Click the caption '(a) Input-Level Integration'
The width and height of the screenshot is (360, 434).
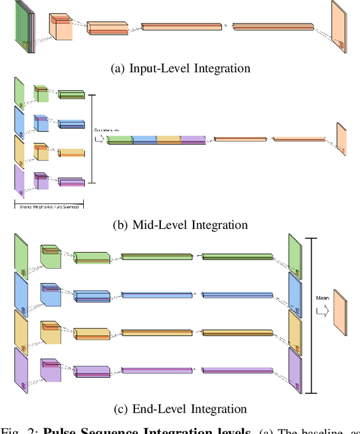pyautogui.click(x=181, y=69)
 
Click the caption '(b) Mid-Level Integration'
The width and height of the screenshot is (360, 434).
pyautogui.click(x=180, y=225)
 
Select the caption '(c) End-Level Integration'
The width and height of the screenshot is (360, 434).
pyautogui.click(x=180, y=409)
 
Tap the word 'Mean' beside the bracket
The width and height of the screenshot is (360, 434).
pyautogui.click(x=322, y=299)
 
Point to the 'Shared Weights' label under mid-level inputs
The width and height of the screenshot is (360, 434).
pyautogui.click(x=48, y=206)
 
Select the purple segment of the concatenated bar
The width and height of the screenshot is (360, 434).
pyautogui.click(x=193, y=139)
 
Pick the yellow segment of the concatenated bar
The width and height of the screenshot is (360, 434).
pyautogui.click(x=168, y=139)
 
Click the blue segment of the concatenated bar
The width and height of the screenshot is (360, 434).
pyautogui.click(x=143, y=139)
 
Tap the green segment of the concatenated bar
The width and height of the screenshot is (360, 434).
pyautogui.click(x=119, y=139)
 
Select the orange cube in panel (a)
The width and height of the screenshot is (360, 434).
pyautogui.click(x=60, y=27)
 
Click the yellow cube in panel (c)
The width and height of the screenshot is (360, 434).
pyautogui.click(x=49, y=332)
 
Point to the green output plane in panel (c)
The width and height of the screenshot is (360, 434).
pyautogui.click(x=295, y=253)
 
